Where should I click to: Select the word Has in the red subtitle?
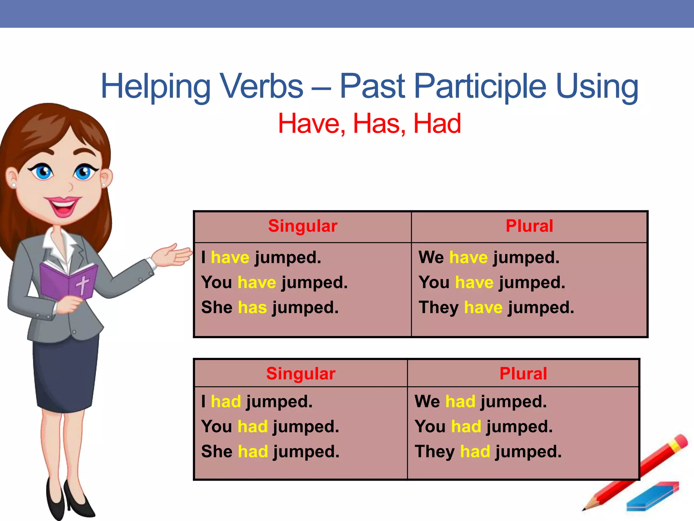[x=379, y=123]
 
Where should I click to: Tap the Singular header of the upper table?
[x=303, y=226]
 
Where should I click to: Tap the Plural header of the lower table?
[x=523, y=374]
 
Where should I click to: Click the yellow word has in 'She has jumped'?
[x=252, y=307]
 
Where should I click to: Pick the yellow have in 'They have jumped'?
[x=483, y=307]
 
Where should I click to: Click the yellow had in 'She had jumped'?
[x=253, y=451]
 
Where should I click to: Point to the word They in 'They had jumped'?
[x=434, y=451]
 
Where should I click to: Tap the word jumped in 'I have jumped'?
[x=287, y=257]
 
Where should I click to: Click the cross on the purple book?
[x=82, y=284]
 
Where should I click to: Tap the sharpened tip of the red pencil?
[x=585, y=509]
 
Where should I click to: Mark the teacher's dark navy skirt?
[x=66, y=373]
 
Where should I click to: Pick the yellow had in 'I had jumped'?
[x=226, y=402]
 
